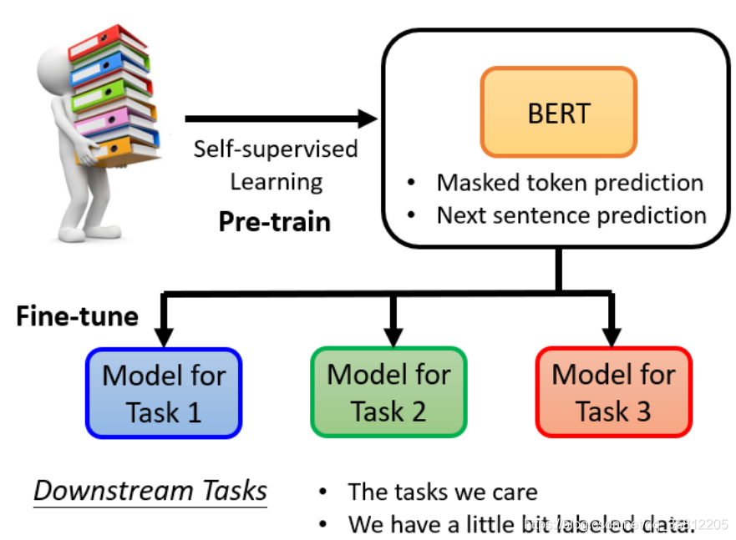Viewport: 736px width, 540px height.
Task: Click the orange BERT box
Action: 558,112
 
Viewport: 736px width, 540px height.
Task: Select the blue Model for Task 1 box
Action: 164,392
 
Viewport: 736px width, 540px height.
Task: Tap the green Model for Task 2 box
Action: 388,392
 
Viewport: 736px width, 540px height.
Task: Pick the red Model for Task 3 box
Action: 613,392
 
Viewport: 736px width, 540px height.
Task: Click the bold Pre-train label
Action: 275,222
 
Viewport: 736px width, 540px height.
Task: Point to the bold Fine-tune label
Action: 77,317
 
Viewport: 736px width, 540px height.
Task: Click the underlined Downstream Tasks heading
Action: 150,491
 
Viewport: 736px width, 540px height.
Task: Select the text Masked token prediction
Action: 570,182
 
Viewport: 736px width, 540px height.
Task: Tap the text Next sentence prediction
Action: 571,215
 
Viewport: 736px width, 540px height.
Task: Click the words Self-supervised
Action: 276,149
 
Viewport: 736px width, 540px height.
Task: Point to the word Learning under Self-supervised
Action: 277,181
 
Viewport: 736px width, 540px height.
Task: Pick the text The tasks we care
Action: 443,492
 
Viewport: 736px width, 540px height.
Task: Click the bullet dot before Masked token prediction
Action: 412,183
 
